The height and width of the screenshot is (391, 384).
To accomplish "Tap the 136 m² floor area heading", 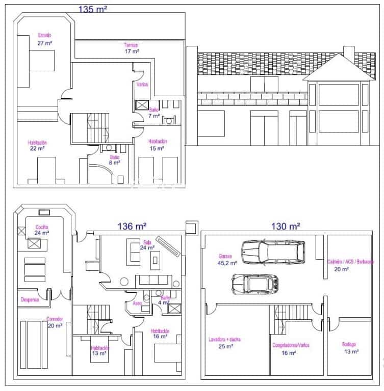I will (x=132, y=227).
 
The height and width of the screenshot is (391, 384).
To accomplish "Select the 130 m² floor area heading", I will (x=285, y=226).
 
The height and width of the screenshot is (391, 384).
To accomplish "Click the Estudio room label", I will (x=44, y=35).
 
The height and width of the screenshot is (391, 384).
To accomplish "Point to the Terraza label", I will (x=131, y=45).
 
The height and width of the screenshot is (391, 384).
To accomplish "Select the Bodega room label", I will (x=349, y=344).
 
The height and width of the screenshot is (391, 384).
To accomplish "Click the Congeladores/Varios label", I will (x=291, y=345).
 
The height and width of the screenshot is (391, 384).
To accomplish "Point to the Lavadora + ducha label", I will (x=224, y=339).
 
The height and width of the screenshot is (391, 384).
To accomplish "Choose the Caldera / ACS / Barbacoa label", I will (x=350, y=262).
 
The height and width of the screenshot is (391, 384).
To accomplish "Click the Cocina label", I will (x=42, y=227).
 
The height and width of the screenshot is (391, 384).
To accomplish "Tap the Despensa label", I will (x=30, y=299).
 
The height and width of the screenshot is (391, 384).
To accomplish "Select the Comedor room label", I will (x=55, y=319).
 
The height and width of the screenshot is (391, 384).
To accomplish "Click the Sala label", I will (x=148, y=242).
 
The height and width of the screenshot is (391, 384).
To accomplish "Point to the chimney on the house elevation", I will (x=349, y=51).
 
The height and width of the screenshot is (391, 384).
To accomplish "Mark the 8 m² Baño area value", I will (x=114, y=163).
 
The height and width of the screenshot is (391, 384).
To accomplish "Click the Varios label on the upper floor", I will (x=142, y=85).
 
